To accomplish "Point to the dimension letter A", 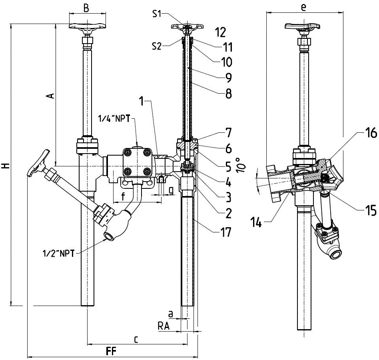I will pos(50,96).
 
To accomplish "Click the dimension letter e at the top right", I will pos(303,7).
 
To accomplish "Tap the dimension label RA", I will pos(164,327).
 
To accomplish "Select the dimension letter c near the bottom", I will pos(136,339).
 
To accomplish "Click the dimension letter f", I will pos(123,196).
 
